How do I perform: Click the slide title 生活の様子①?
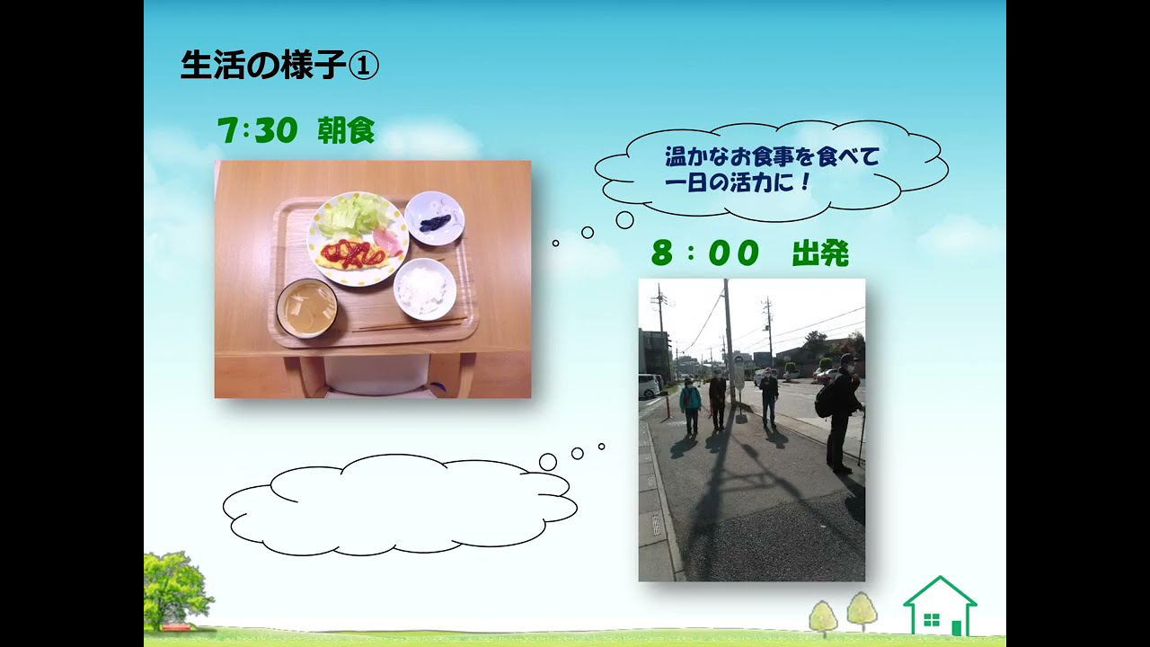279,66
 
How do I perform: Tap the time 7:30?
257,130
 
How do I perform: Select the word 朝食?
346,130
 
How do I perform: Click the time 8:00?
705,253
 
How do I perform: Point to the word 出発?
820,253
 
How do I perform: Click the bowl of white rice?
425,288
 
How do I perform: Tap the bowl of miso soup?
307,308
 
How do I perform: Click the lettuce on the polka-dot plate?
348,217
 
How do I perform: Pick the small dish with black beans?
434,218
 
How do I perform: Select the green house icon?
940,607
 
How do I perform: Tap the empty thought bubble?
400,506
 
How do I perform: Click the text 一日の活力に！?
737,183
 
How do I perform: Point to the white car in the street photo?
650,386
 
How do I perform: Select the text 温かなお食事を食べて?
772,156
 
